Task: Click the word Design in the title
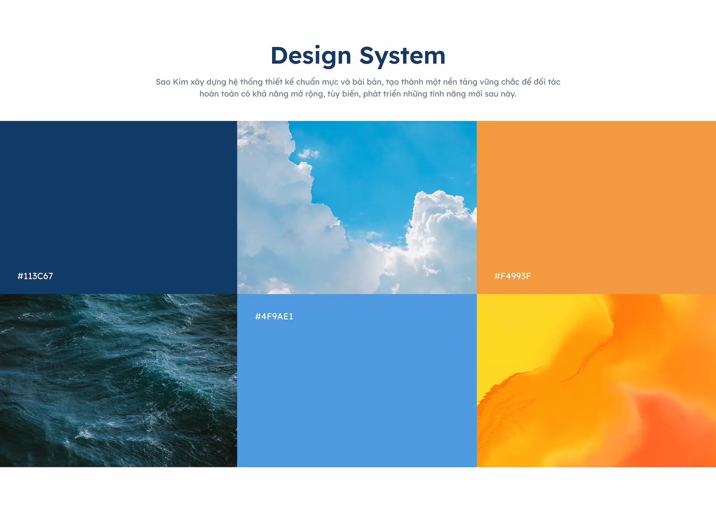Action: point(311,56)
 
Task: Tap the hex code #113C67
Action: point(35,276)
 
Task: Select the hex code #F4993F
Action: point(512,276)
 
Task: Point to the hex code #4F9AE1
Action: point(274,316)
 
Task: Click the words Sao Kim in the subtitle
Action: point(172,82)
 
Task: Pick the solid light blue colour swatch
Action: point(357,381)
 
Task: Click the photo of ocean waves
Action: point(119,381)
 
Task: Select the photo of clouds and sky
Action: point(357,207)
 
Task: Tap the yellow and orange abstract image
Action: point(596,381)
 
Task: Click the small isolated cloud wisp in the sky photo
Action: point(309,153)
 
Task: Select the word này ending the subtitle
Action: point(509,94)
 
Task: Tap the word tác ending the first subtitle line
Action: point(554,82)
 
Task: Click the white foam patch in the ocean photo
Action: point(85,434)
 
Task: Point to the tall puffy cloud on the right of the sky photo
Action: point(440,231)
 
